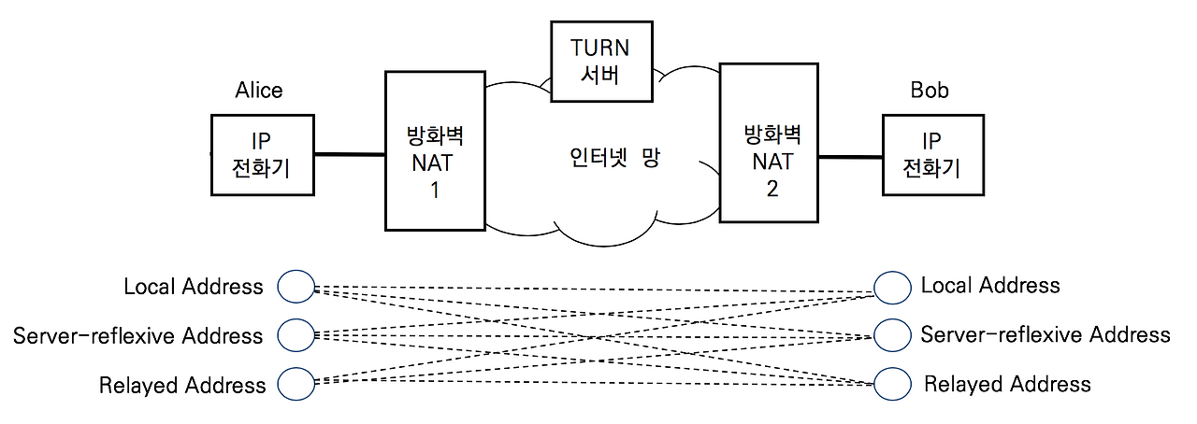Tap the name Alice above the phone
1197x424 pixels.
click(x=258, y=91)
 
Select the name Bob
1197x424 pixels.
click(x=929, y=91)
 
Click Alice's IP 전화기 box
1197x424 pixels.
click(x=262, y=155)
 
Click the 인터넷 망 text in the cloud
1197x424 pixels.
click(x=614, y=157)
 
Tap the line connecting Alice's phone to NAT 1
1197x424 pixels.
click(x=349, y=154)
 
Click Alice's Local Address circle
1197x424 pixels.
click(x=296, y=288)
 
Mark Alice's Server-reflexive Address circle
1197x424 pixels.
click(x=296, y=334)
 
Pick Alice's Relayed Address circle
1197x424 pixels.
click(x=296, y=382)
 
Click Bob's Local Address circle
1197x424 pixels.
click(x=892, y=288)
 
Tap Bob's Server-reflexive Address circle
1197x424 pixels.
click(x=892, y=334)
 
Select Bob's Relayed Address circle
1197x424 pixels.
click(x=892, y=382)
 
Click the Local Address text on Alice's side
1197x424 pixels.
click(x=194, y=287)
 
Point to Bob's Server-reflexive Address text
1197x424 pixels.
click(x=1045, y=334)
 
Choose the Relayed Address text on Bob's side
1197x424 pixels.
click(x=1007, y=384)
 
